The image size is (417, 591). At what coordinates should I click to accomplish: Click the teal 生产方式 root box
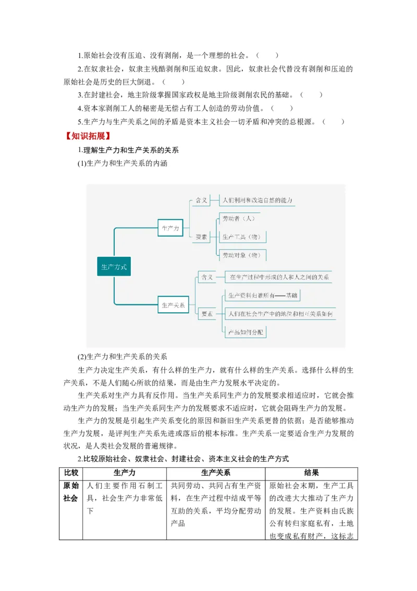click(114, 267)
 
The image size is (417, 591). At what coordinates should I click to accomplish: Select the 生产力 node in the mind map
click(171, 228)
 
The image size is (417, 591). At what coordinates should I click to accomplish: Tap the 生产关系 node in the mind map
click(174, 305)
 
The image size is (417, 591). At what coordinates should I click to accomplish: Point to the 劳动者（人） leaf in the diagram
click(237, 218)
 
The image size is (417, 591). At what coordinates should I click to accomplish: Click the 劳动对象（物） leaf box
click(240, 255)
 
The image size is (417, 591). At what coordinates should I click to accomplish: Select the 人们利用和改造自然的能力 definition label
click(257, 200)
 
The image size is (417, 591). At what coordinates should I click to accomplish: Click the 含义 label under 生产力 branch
click(201, 200)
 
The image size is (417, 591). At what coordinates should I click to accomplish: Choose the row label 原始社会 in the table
click(71, 491)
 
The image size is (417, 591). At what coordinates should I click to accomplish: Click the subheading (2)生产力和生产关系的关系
click(122, 357)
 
